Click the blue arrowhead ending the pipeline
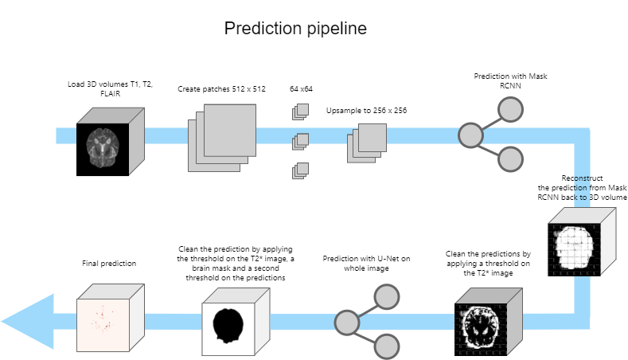coord(29,322)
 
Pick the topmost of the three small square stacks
coord(300,112)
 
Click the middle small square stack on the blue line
coord(300,141)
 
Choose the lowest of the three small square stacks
coord(300,170)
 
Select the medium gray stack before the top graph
coord(367,143)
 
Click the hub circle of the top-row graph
coord(470,135)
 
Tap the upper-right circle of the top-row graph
coord(510,109)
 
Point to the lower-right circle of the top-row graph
coord(510,159)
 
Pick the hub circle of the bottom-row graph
coord(347,323)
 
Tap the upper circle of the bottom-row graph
coord(387,296)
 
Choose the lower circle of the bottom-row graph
coord(387,346)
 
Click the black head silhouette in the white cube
coord(228,326)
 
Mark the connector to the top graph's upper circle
coord(490,123)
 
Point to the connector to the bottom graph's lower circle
coord(367,335)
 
